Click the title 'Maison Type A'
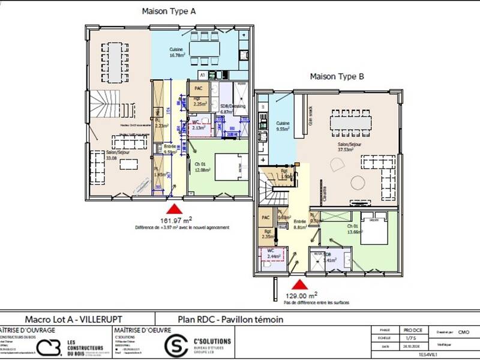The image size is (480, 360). point(169,11)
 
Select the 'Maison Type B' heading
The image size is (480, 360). point(337,76)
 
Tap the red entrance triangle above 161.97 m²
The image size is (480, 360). point(174,209)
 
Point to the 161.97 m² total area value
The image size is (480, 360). point(175,220)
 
